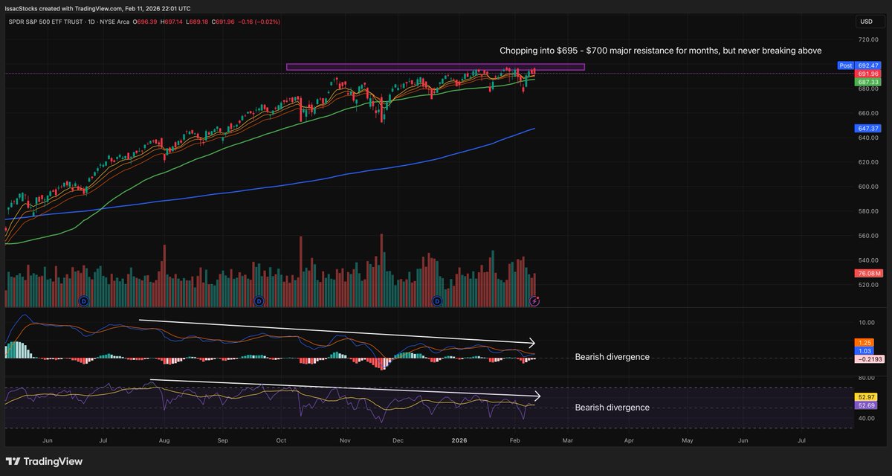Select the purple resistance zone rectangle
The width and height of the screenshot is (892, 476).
pos(435,67)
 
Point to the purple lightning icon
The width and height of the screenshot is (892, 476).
pos(534,300)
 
